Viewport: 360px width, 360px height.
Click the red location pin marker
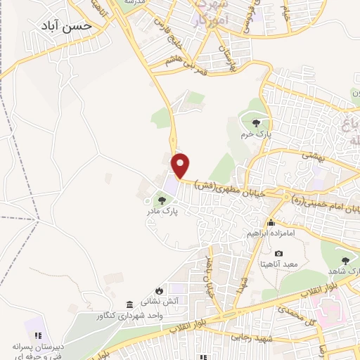pyautogui.click(x=181, y=165)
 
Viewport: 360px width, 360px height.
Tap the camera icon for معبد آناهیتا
pyautogui.click(x=278, y=253)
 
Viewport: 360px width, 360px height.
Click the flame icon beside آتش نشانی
pyautogui.click(x=160, y=290)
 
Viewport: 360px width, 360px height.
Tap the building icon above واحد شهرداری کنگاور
pyautogui.click(x=129, y=304)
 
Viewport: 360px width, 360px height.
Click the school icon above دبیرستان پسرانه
pyautogui.click(x=38, y=335)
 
